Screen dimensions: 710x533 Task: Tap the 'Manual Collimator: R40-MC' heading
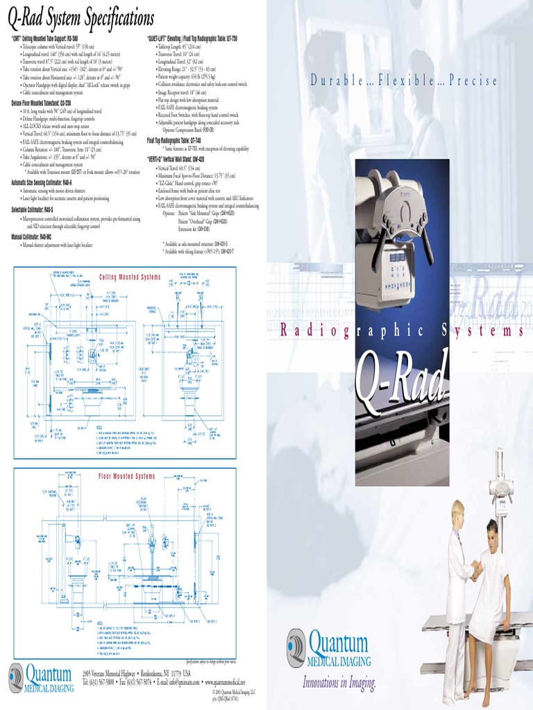tap(33, 236)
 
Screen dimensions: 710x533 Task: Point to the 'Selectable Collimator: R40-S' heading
tap(33, 209)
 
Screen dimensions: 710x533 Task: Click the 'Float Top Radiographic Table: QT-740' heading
tap(178, 139)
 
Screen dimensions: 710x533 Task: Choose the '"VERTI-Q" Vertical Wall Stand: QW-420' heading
tap(185, 159)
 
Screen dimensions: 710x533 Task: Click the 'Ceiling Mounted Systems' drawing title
tap(130, 277)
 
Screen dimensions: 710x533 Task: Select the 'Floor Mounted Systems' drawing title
tap(126, 476)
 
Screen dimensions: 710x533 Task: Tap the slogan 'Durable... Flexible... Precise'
tap(403, 81)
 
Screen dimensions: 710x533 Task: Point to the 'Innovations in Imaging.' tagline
tap(339, 683)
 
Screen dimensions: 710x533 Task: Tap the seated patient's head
tap(492, 536)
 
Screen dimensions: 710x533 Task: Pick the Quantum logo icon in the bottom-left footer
tap(16, 675)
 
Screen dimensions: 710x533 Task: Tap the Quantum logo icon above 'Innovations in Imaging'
tap(296, 647)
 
